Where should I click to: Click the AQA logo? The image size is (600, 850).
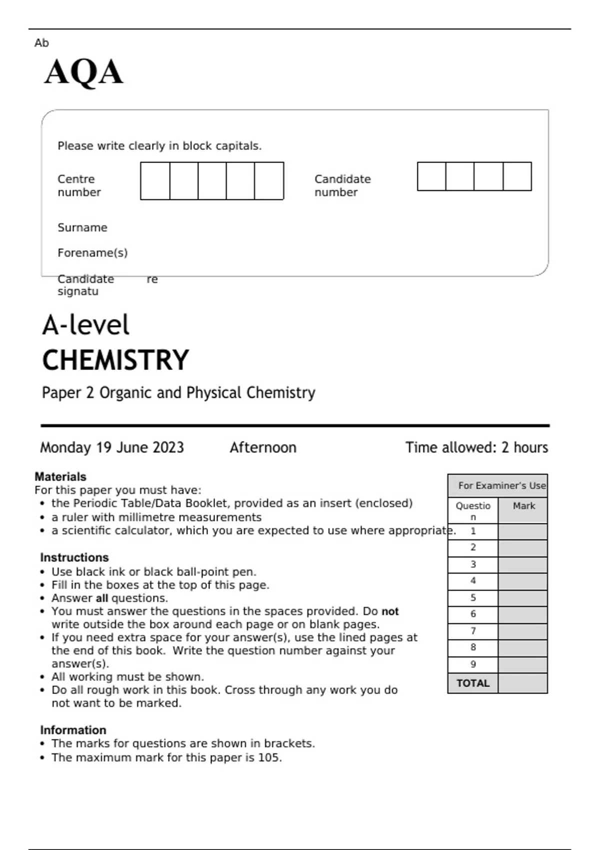(x=83, y=72)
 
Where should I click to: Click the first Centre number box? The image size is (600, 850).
(x=155, y=181)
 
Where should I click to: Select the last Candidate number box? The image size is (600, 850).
(x=517, y=176)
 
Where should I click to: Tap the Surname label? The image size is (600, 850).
(x=82, y=227)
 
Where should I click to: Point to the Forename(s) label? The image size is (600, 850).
(x=92, y=253)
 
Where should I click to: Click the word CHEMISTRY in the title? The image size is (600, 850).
(x=115, y=360)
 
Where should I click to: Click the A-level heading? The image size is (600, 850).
(x=86, y=325)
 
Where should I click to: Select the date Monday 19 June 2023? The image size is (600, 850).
(x=112, y=447)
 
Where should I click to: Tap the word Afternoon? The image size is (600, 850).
(x=263, y=447)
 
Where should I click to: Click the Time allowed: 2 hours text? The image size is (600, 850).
(x=476, y=447)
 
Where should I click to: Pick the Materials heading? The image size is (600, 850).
(x=60, y=476)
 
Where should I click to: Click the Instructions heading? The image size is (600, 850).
(x=74, y=557)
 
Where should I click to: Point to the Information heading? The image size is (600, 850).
(x=73, y=730)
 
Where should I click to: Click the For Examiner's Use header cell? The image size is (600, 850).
(x=501, y=485)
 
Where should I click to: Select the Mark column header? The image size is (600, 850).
(x=523, y=506)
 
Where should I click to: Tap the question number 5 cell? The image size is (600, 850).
(x=473, y=598)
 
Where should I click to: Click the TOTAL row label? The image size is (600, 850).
(x=473, y=683)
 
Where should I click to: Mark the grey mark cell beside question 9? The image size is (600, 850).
(x=523, y=664)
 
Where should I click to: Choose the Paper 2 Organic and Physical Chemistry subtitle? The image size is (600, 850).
(x=178, y=393)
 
